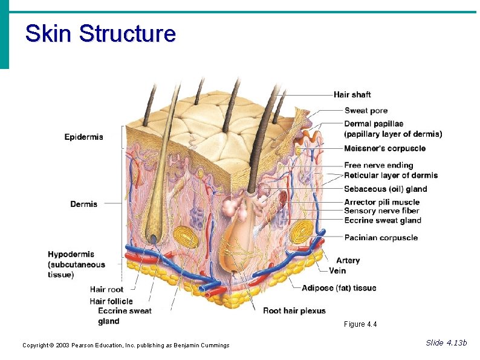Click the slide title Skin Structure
coord(100,33)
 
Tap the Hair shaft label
coord(352,94)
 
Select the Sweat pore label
coord(366,111)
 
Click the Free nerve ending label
coord(378,165)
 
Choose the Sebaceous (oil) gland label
coord(385,189)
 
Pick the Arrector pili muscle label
coord(381,202)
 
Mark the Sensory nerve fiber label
coord(381,211)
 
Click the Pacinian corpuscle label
coord(381,238)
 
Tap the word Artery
coord(348,260)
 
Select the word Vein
coord(337,270)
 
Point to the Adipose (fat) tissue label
coord(339,288)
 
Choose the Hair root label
coord(106,290)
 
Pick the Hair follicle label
coord(111,301)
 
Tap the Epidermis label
coord(84,137)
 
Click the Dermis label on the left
coord(83,204)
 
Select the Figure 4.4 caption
coord(360,324)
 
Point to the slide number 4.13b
coord(446,343)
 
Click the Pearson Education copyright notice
coord(126,345)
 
